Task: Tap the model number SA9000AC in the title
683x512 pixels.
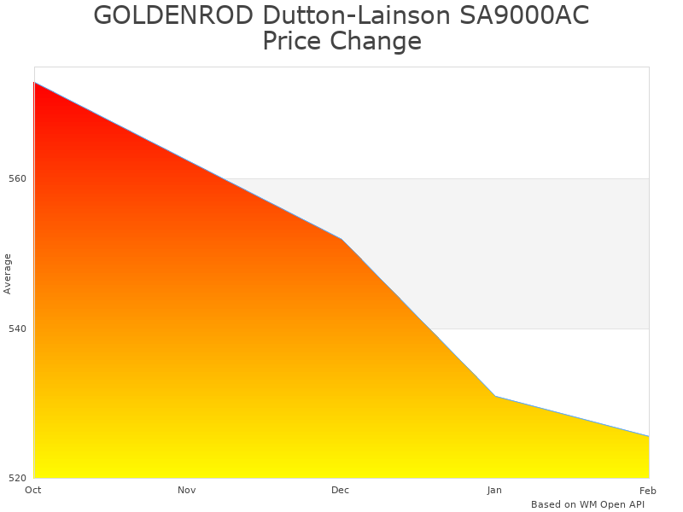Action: (518, 15)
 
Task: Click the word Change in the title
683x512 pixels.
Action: (382, 41)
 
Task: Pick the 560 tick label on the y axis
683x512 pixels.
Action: (18, 179)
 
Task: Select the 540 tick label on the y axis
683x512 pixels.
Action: (18, 329)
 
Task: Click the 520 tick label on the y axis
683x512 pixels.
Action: (18, 478)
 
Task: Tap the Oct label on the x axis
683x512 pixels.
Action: (33, 490)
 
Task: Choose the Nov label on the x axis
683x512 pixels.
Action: (187, 490)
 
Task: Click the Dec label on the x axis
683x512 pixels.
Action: (341, 490)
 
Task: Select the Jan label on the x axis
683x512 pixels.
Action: (494, 490)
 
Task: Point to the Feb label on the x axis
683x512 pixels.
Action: (648, 490)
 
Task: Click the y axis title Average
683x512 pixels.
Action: (8, 273)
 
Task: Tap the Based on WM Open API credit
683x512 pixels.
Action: (587, 504)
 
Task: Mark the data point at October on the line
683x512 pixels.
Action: (34, 83)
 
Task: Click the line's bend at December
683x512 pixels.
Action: (341, 239)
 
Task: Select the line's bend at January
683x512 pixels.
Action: (494, 396)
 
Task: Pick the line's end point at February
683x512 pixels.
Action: (648, 436)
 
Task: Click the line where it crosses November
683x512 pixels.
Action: (187, 160)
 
